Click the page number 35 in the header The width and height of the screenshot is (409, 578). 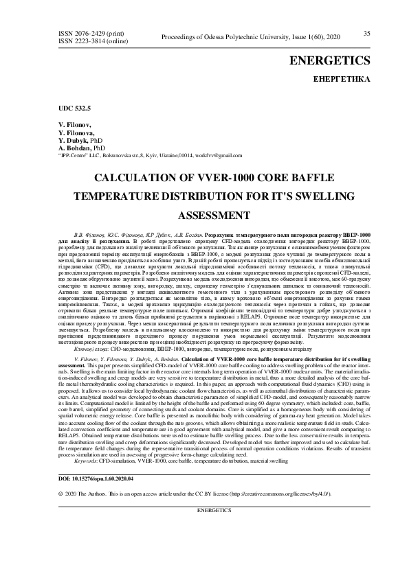coord(366,33)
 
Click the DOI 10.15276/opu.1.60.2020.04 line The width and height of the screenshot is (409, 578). coord(96,478)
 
